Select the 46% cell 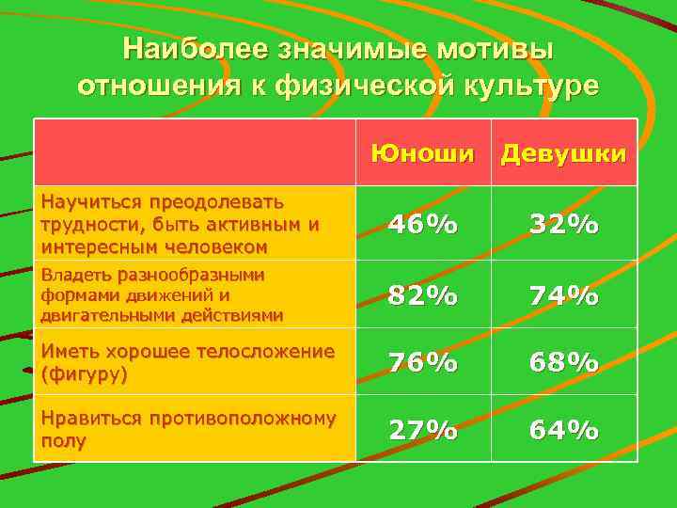(422, 224)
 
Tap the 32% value (563, 224)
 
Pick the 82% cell (422, 295)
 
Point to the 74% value (563, 295)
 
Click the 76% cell (422, 362)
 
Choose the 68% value (563, 362)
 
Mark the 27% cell (422, 430)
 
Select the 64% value (563, 430)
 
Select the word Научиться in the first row (85, 201)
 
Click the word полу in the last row (63, 440)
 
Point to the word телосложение (268, 352)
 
